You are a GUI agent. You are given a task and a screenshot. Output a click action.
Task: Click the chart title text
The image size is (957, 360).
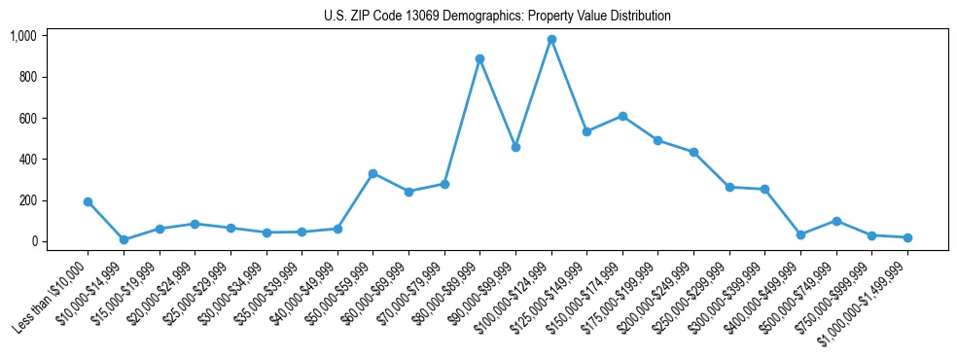coord(497,17)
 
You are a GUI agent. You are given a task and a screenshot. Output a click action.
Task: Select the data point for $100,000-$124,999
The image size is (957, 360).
coord(551,40)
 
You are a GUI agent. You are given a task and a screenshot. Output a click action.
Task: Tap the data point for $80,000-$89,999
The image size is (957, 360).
coord(479,58)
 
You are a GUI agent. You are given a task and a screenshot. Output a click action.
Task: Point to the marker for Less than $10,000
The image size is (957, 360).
coord(88,201)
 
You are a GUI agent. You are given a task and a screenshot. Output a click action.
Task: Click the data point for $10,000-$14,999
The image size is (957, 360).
coord(124,239)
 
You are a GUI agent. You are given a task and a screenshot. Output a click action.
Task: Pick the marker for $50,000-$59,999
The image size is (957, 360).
coord(372,173)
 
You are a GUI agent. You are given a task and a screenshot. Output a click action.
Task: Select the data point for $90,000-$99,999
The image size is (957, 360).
coord(515,147)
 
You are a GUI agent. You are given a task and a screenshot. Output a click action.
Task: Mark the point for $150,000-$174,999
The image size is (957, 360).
coord(622,116)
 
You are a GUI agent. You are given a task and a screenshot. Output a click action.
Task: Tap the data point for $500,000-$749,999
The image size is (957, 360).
coord(836,221)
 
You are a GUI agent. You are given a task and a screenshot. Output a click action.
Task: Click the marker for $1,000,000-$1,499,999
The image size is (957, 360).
coord(907,237)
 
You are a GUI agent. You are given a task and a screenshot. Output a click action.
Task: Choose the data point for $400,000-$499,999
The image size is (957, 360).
coord(800,234)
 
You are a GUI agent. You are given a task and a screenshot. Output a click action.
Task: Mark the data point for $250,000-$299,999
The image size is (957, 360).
coord(729,187)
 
